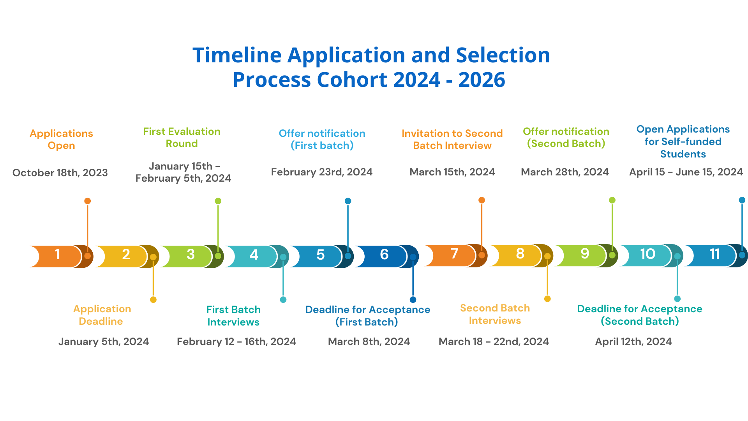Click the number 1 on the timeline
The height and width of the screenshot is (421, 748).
pyautogui.click(x=57, y=255)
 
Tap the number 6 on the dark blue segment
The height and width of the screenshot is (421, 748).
pyautogui.click(x=384, y=255)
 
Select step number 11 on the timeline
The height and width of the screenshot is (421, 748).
pyautogui.click(x=714, y=254)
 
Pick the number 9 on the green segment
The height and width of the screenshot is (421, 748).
pyautogui.click(x=585, y=254)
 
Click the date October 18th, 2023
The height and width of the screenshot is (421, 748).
pyautogui.click(x=60, y=173)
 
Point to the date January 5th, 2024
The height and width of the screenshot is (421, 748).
pyautogui.click(x=104, y=341)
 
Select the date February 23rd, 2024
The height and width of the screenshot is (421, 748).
pyautogui.click(x=322, y=172)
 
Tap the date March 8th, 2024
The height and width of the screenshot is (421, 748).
pyautogui.click(x=369, y=341)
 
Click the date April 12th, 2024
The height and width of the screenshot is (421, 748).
pyautogui.click(x=633, y=341)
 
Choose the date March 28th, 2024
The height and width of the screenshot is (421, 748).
pyautogui.click(x=565, y=172)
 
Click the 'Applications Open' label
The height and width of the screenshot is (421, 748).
pyautogui.click(x=61, y=140)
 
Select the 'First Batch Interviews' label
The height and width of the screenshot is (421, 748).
pyautogui.click(x=233, y=316)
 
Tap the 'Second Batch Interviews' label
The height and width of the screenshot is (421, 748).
pyautogui.click(x=495, y=314)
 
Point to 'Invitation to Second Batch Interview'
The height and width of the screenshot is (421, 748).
pyautogui.click(x=452, y=140)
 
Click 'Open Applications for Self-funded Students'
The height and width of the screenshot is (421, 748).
pyautogui.click(x=683, y=142)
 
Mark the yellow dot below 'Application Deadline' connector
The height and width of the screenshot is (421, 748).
pyautogui.click(x=153, y=300)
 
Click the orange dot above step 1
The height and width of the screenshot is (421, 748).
pyautogui.click(x=88, y=201)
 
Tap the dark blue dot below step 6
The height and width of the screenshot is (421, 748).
pyautogui.click(x=413, y=300)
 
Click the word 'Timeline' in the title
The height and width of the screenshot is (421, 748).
pyautogui.click(x=237, y=55)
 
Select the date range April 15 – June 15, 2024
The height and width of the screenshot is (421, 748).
pyautogui.click(x=686, y=172)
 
